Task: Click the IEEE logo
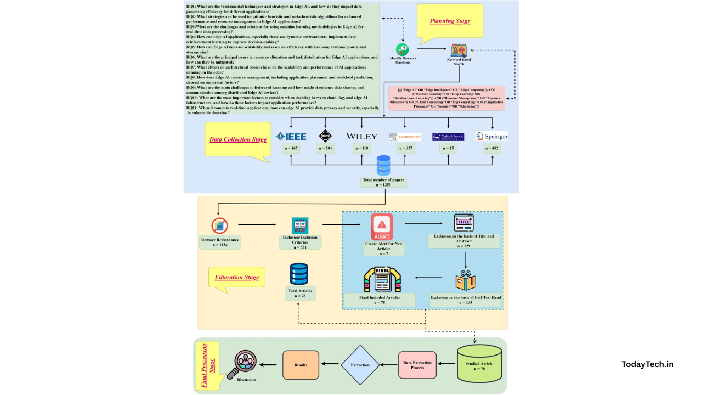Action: pyautogui.click(x=291, y=136)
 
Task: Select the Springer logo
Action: pyautogui.click(x=491, y=136)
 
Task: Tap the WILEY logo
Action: pyautogui.click(x=361, y=136)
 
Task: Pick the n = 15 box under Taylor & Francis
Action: pyautogui.click(x=448, y=148)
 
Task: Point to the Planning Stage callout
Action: pyautogui.click(x=450, y=21)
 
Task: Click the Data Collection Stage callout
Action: pyautogui.click(x=237, y=139)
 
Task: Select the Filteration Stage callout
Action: pyautogui.click(x=237, y=277)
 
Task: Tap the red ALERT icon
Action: pyautogui.click(x=382, y=227)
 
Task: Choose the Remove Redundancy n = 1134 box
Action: pyautogui.click(x=220, y=242)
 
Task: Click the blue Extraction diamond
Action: pyautogui.click(x=360, y=365)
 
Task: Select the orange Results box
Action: pyautogui.click(x=301, y=365)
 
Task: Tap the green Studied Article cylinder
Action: pyautogui.click(x=479, y=364)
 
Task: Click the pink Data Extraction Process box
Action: pyautogui.click(x=417, y=365)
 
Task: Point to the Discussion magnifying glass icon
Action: pyautogui.click(x=245, y=364)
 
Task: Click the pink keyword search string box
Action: pyautogui.click(x=446, y=98)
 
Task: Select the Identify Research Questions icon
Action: pyautogui.click(x=403, y=50)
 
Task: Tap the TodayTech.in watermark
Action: pyautogui.click(x=647, y=364)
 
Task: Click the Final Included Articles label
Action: pyautogui.click(x=379, y=300)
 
